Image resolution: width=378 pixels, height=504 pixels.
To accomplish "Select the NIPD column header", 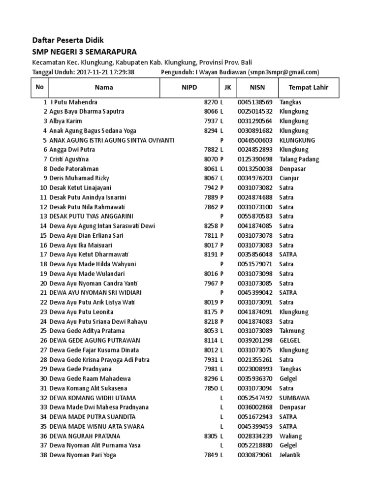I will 189,87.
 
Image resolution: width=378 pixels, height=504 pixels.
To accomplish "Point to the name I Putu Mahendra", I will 73,102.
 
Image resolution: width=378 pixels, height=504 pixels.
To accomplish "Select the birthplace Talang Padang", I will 299,159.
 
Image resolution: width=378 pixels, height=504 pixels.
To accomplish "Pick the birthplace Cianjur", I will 289,178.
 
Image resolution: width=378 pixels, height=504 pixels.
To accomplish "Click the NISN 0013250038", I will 254,168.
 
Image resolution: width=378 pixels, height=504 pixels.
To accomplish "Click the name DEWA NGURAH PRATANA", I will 85,436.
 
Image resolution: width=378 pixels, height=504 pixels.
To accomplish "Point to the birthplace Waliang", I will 290,436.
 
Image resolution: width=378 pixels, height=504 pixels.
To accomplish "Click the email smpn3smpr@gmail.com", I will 284,72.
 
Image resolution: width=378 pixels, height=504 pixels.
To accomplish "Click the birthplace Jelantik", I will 289,455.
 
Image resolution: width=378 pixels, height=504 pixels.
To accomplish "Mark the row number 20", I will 43,283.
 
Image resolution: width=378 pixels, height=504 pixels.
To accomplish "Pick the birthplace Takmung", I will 292,331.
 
